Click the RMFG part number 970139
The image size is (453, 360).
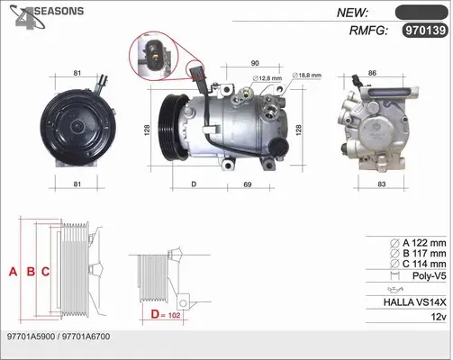425,31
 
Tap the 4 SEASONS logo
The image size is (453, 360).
46,17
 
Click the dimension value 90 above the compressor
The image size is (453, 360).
255,63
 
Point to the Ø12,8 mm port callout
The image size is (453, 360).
267,78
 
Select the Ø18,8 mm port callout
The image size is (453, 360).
307,76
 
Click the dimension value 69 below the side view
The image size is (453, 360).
248,184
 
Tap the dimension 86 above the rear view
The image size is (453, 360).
372,73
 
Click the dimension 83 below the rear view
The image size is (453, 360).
381,184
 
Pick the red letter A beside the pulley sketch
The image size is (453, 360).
13,272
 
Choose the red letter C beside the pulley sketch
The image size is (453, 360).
45,272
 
